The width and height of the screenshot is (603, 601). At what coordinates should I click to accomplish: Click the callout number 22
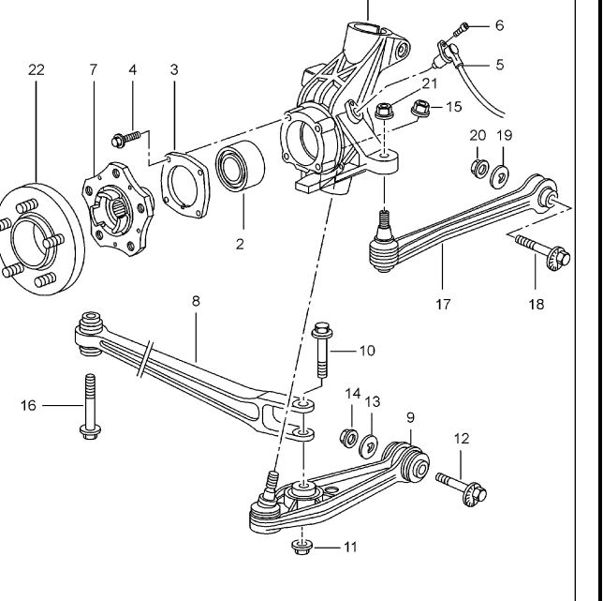37,70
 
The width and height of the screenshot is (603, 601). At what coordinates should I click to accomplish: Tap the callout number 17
443,304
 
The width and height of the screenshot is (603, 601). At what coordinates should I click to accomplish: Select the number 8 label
196,301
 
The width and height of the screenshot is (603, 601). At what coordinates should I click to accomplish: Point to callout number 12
462,438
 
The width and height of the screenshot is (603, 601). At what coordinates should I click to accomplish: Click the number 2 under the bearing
240,245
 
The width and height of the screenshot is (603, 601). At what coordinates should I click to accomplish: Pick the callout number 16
28,405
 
